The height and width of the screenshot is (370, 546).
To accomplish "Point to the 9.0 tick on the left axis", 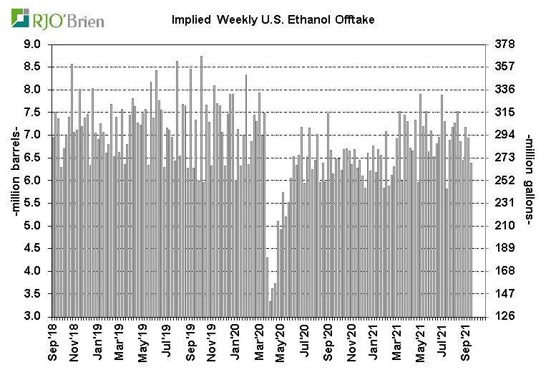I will coord(33,44).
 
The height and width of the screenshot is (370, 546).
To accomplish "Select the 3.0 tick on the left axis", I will coord(33,317).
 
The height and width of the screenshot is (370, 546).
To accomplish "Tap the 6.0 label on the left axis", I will coord(33,181).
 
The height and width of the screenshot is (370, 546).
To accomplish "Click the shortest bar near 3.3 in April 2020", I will coord(270,309).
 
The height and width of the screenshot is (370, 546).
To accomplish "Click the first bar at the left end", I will coord(52,226).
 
